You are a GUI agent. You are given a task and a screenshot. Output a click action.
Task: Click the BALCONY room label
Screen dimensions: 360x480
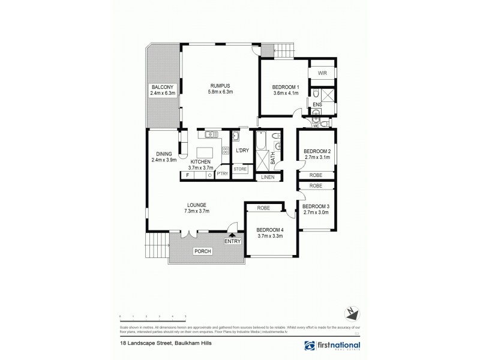click(162, 87)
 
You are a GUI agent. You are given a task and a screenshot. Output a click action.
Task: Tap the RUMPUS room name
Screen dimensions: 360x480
click(220, 85)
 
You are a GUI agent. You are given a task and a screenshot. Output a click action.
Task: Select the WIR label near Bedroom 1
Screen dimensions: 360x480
click(322, 74)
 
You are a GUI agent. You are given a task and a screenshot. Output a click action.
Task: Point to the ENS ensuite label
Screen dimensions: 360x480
click(317, 104)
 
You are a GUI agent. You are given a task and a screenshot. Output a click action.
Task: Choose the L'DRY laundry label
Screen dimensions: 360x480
click(242, 150)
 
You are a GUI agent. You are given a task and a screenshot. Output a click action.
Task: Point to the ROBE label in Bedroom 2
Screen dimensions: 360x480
click(316, 175)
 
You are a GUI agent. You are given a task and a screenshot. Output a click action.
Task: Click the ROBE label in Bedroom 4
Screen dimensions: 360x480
click(263, 208)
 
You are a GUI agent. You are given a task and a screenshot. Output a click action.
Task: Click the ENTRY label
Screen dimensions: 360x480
click(232, 241)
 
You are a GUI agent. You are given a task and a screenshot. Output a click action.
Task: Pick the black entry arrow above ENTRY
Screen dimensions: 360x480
click(232, 235)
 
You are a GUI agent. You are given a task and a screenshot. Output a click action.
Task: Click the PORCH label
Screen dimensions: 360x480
click(202, 251)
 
